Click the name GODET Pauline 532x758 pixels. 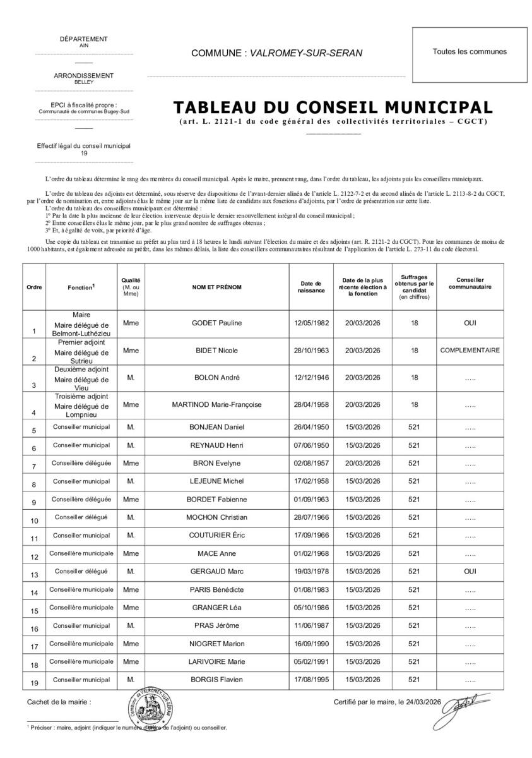[x=217, y=323]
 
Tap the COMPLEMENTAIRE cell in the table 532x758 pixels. [x=470, y=350]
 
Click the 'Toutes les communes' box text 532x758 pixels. [x=470, y=52]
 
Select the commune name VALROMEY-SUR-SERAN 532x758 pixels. [x=306, y=53]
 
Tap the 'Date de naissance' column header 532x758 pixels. [x=312, y=287]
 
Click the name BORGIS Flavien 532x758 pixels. [x=217, y=680]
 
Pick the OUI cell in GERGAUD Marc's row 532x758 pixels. [x=470, y=572]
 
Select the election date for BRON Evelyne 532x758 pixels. [x=363, y=463]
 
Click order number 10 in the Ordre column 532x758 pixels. [x=35, y=521]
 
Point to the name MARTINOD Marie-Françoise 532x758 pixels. [x=217, y=404]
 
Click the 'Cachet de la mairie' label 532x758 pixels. [x=59, y=702]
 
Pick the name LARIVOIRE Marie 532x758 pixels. [x=217, y=661]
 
